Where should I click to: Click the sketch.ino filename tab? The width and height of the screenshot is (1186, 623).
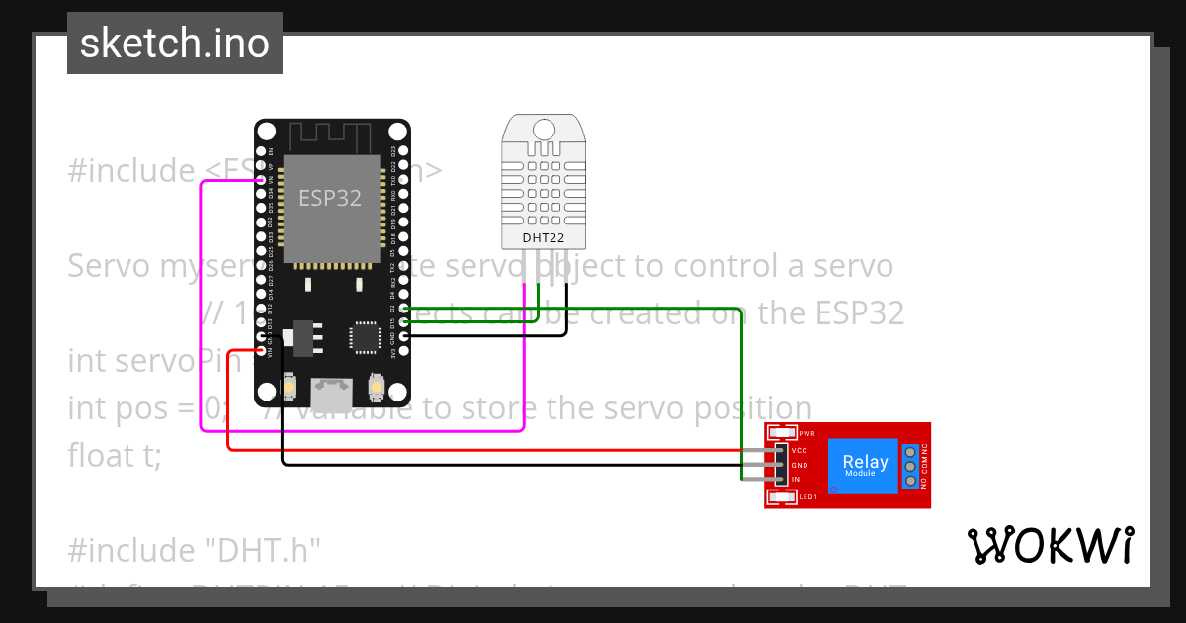(x=174, y=44)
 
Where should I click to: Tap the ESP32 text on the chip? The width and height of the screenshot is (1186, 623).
(x=330, y=198)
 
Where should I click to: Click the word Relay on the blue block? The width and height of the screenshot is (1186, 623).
(x=864, y=462)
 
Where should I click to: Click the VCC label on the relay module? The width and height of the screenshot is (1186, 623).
(x=800, y=450)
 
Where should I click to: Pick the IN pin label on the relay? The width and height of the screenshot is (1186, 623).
(x=795, y=480)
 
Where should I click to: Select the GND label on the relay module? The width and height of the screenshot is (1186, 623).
(x=800, y=465)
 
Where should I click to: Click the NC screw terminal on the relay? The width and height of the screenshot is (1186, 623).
(x=909, y=450)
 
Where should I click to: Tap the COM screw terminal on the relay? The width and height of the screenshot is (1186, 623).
(x=909, y=465)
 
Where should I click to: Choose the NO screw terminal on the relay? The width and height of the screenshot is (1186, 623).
(x=909, y=480)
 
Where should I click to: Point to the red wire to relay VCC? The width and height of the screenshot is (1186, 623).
(x=494, y=450)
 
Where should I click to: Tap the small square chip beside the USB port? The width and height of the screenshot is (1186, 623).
(x=364, y=337)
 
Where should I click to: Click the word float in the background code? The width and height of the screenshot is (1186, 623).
(x=99, y=456)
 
